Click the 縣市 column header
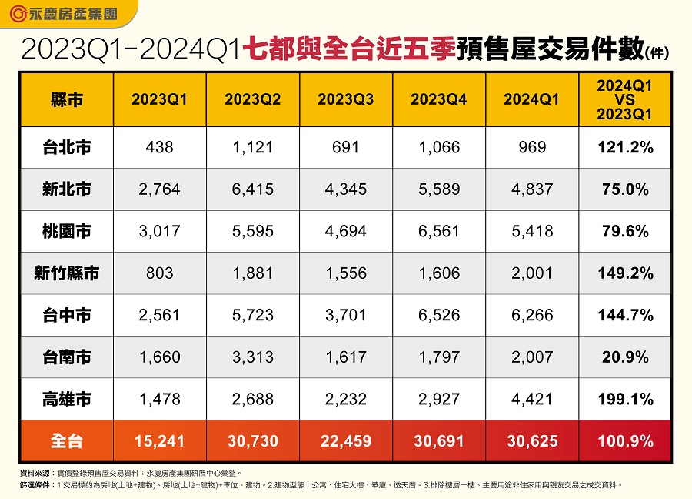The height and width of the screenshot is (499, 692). point(66,99)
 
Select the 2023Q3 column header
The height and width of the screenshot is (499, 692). point(345,99)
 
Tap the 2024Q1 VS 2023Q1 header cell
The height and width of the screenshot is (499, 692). point(624,99)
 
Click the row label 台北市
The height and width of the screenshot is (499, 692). point(66,147)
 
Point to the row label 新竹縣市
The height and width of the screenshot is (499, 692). point(66,273)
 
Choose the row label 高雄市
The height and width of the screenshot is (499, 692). point(66,399)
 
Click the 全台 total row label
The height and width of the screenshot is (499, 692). point(66,441)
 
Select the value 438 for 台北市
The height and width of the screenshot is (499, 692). point(159,147)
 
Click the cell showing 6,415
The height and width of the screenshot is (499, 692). point(252,189)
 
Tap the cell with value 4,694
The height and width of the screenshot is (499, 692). point(345,231)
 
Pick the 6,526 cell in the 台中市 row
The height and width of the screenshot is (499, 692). point(438,315)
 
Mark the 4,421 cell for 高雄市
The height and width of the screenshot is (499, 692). point(531,399)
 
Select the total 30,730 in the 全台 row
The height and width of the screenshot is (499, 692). point(252,441)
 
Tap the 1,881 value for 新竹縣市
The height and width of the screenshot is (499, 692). point(252,273)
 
